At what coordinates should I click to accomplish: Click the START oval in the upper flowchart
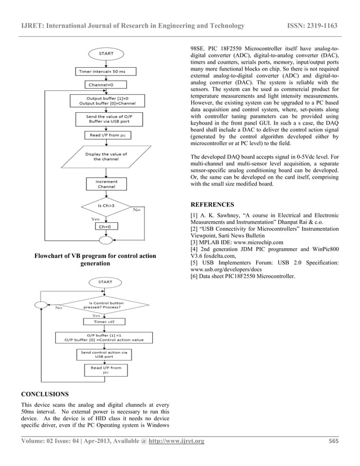tap(106, 54)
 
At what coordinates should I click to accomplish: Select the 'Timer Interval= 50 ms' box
tap(106, 72)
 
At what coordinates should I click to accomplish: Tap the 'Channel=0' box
tap(100, 85)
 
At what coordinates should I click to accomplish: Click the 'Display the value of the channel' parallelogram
tap(106, 156)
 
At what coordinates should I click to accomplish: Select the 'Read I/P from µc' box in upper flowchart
tap(106, 135)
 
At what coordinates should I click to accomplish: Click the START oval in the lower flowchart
tap(105, 282)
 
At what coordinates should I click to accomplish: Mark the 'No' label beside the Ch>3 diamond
tap(137, 211)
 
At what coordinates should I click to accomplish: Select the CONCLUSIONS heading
tap(45, 393)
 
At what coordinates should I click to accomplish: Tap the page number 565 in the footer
tap(333, 441)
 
